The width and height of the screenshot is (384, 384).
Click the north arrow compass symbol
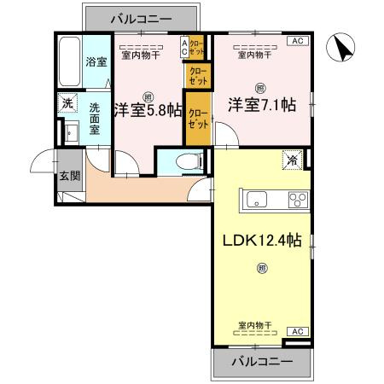point(343,48)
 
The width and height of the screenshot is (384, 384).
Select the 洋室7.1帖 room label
point(260,106)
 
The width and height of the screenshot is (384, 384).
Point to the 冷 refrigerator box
point(293,160)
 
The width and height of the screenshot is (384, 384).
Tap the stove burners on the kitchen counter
point(297,201)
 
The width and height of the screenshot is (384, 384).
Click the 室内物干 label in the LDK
point(254,325)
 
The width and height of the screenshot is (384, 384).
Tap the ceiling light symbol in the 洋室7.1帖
point(259,86)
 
